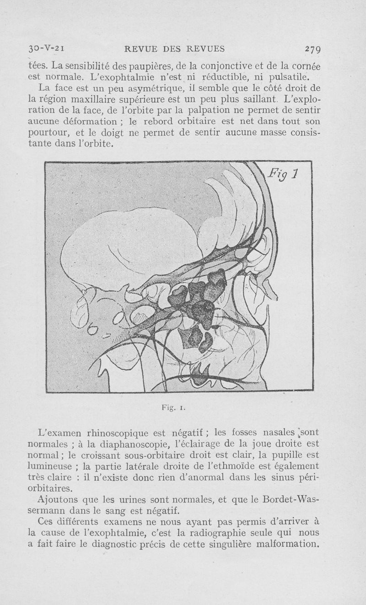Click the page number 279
click(x=313, y=49)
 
